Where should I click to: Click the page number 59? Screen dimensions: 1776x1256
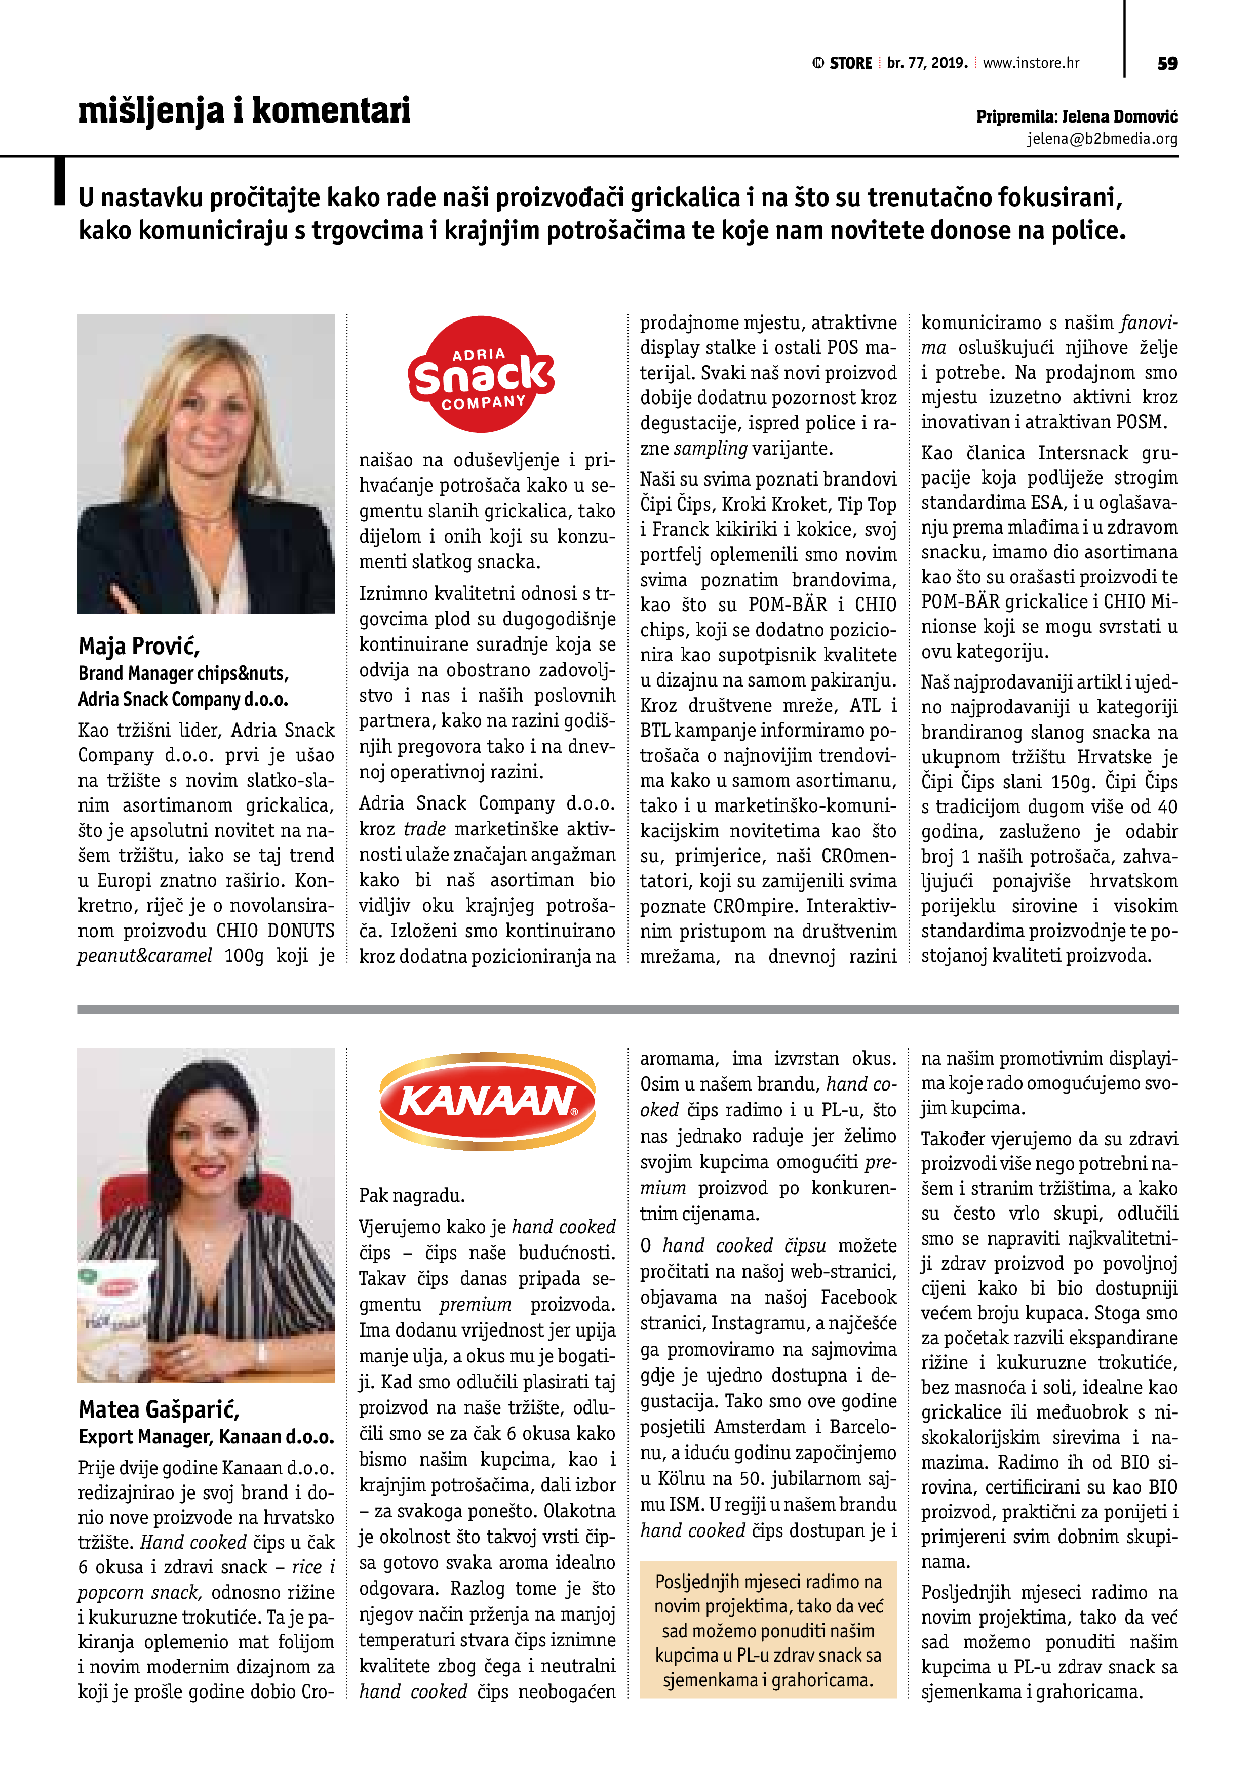tap(1167, 63)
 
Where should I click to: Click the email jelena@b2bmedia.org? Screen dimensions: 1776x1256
tap(1102, 139)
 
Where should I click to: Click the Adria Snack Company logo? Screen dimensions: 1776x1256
tap(481, 374)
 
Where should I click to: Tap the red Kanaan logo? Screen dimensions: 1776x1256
tap(488, 1101)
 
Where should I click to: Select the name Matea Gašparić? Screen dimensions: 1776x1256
tap(160, 1409)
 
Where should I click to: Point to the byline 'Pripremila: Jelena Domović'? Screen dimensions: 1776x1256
tap(1076, 117)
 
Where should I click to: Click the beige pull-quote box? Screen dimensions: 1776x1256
tap(768, 1629)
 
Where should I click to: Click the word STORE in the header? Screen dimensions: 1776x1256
tap(850, 63)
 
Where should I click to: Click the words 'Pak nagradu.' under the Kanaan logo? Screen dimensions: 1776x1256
tap(412, 1195)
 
